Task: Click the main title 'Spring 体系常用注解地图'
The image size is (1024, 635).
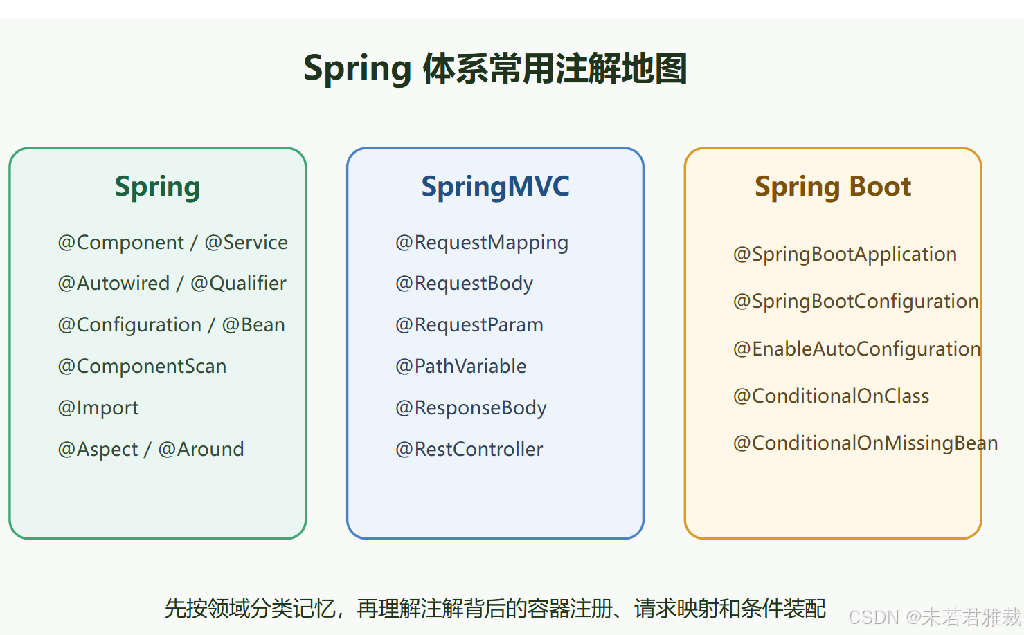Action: click(x=495, y=68)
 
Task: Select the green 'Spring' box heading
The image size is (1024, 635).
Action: click(x=157, y=187)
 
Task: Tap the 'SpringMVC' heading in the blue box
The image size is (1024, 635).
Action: click(x=495, y=187)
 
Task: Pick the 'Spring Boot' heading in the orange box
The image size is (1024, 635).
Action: click(x=833, y=187)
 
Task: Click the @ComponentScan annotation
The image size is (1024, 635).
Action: click(x=142, y=367)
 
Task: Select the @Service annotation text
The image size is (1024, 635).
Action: click(x=246, y=243)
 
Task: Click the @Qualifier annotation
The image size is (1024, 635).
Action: click(x=238, y=284)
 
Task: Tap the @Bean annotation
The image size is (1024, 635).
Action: click(x=253, y=325)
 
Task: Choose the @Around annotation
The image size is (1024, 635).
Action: click(x=201, y=450)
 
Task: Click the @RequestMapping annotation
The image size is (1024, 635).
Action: click(x=482, y=243)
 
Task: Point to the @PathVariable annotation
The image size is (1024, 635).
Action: click(x=461, y=367)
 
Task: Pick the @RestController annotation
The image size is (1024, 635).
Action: click(x=469, y=450)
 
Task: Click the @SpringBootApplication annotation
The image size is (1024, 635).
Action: click(x=845, y=255)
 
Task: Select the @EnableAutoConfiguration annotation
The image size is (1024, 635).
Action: click(x=857, y=349)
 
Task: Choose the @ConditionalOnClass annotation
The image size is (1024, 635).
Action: click(x=831, y=396)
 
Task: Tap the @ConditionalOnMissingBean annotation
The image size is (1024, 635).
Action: click(x=865, y=443)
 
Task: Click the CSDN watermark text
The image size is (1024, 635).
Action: click(x=935, y=617)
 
